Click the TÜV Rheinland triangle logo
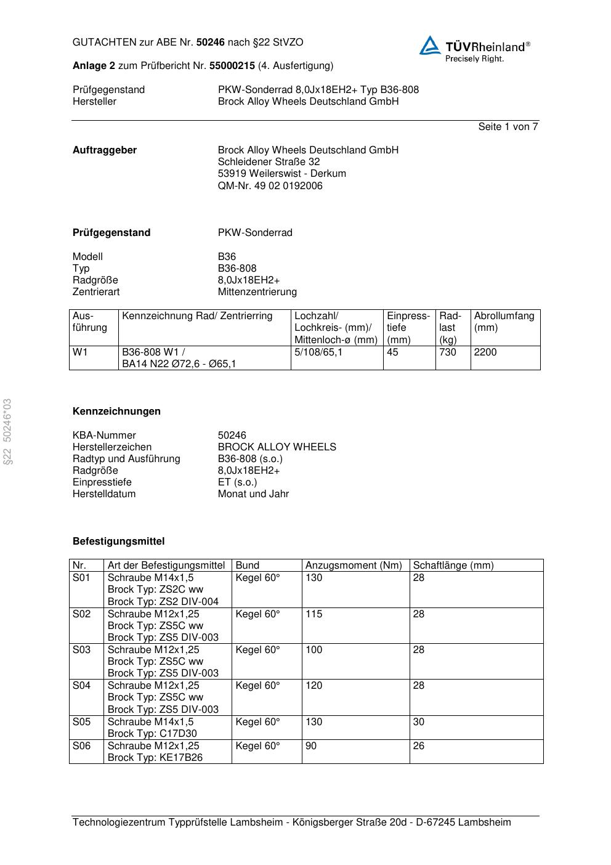[x=430, y=46]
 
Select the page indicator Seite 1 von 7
[x=508, y=127]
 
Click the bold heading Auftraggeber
[x=105, y=150]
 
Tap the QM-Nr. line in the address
[x=270, y=186]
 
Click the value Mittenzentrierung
[x=257, y=292]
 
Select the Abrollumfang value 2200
[x=485, y=352]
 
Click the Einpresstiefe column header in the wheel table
[x=408, y=328]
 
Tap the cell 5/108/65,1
[x=318, y=352]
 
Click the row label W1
[x=80, y=352]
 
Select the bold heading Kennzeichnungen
[x=116, y=412]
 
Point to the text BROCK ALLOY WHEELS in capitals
[x=277, y=447]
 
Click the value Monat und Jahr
[x=253, y=494]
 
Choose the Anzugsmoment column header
[x=354, y=566]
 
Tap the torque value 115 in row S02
[x=314, y=614]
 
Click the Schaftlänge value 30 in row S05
[x=418, y=722]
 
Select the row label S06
[x=81, y=746]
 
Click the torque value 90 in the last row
[x=311, y=746]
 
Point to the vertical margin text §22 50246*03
[x=7, y=432]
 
